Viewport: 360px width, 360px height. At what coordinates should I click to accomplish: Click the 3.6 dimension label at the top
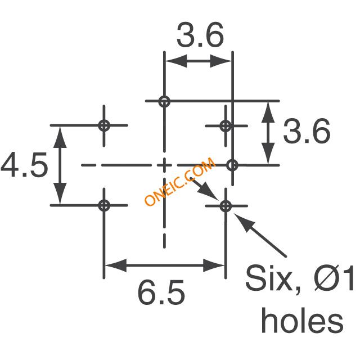coord(200,35)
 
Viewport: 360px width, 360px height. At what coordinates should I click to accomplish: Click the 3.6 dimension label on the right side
coord(307,131)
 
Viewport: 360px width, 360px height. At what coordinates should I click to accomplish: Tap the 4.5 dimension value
coord(24,165)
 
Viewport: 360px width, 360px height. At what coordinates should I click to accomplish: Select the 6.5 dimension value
coord(161,292)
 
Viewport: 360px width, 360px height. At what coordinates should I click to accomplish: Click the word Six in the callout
coord(268,278)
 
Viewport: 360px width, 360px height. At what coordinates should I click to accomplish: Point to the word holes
coord(303,320)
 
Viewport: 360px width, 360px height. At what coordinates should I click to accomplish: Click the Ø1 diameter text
coord(334,278)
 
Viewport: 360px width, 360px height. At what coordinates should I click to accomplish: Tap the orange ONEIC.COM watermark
coord(180,181)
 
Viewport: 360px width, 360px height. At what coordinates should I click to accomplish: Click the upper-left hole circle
coord(104,125)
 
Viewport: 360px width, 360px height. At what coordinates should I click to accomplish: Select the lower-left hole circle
coord(104,205)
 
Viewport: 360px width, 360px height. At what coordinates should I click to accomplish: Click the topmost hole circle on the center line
coord(164,101)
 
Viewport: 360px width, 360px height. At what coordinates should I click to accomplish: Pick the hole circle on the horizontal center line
coord(232,165)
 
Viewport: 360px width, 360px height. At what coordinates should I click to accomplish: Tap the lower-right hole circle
coord(226,206)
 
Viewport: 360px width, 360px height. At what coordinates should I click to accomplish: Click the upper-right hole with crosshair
coord(226,126)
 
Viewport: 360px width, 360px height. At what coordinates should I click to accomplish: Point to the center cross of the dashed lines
coord(164,165)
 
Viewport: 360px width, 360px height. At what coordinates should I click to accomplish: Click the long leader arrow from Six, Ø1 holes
coord(260,235)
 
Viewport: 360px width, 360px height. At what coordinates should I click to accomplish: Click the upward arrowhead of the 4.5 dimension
coord(60,137)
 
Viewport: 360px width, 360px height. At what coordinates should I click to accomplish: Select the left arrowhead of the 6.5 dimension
coord(116,265)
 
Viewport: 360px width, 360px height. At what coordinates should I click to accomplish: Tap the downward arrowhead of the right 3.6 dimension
coord(268,154)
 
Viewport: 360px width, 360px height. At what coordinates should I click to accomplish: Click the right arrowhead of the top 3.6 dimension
coord(220,61)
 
